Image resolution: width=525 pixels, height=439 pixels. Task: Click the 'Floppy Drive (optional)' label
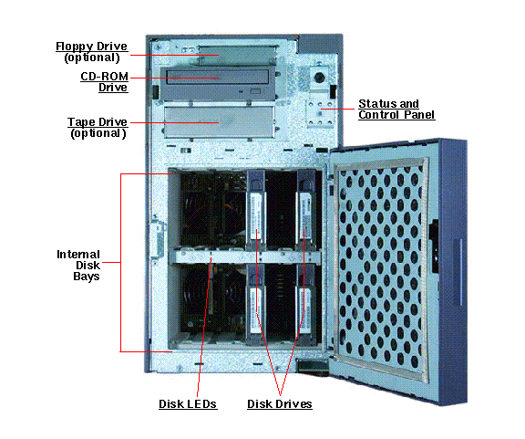[91, 51]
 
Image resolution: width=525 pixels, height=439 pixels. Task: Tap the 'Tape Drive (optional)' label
[98, 127]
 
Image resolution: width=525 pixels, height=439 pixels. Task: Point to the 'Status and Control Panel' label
[396, 109]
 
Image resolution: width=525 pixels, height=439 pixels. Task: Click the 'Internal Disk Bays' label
[78, 265]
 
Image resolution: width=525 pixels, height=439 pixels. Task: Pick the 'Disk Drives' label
[279, 402]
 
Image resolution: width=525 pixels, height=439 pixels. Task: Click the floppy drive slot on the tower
[219, 55]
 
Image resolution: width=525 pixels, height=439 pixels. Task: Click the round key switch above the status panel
[320, 79]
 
